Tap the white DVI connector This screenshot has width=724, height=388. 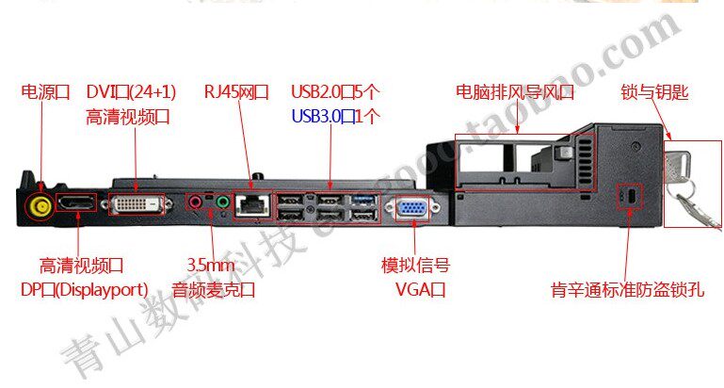coord(141,205)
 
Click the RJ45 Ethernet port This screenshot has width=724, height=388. coord(253,203)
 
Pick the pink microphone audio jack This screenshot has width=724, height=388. coord(196,201)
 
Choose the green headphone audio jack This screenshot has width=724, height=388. coord(222,201)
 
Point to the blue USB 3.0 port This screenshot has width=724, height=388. coord(363,199)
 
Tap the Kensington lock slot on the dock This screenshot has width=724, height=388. coord(628,196)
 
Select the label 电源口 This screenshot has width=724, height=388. coord(46,92)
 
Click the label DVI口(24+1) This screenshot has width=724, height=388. coord(130,92)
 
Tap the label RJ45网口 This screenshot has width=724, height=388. coord(236,92)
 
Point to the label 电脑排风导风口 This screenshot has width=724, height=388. coord(514,92)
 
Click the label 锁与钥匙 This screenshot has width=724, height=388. coord(655,92)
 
